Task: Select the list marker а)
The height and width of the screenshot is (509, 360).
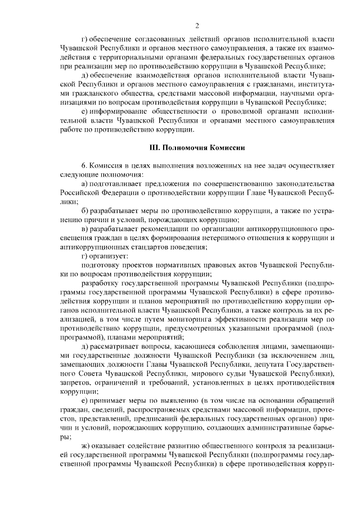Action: pyautogui.click(x=85, y=184)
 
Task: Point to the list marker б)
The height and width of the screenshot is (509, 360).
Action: pyautogui.click(x=85, y=210)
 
